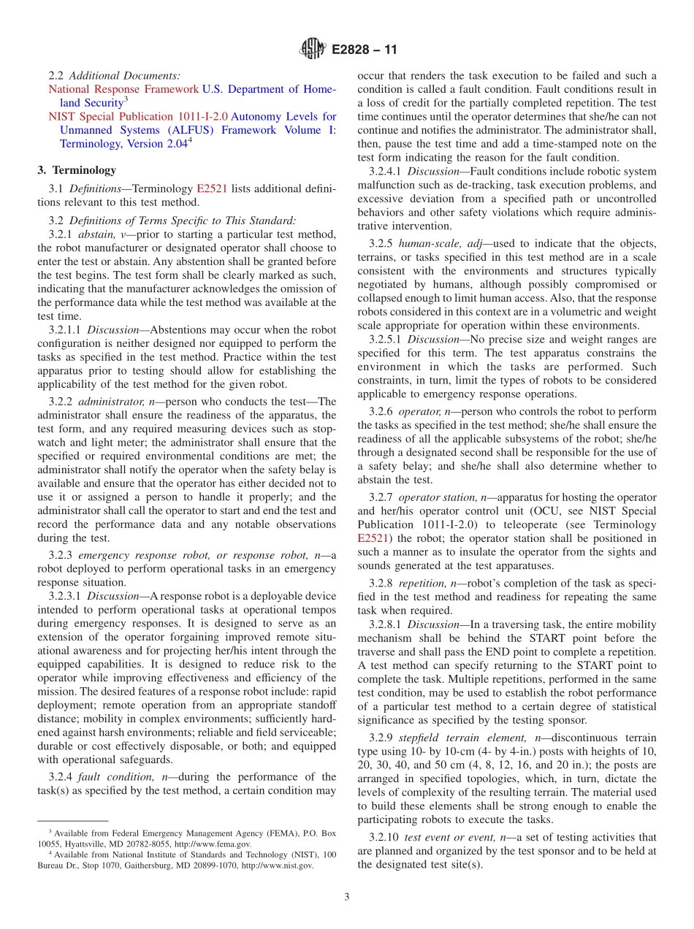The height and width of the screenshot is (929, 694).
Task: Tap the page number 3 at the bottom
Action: tap(347, 897)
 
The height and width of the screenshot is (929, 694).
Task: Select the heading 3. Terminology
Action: tap(77, 170)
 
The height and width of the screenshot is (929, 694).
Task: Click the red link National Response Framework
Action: tap(123, 89)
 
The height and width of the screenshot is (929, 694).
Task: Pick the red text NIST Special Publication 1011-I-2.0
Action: tap(138, 116)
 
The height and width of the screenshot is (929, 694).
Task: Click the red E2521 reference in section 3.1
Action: tap(212, 188)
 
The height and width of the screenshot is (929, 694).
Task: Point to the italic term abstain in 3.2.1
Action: tap(96, 234)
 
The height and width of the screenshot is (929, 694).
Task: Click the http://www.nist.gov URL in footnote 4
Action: tap(277, 865)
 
